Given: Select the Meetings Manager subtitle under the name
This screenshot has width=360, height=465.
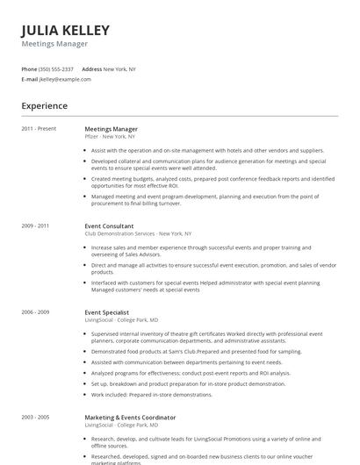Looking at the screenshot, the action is coord(54,43).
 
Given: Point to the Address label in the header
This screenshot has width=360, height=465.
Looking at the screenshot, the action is coord(91,68).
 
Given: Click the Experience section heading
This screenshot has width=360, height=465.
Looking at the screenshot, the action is coord(45,106).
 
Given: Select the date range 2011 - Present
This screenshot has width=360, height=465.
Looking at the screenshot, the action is coord(39,129).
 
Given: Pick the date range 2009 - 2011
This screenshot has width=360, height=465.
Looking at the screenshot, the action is coord(35,225).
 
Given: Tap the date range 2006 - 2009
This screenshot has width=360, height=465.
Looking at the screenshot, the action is coord(35,311).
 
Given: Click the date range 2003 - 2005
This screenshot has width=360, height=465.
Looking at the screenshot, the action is coord(35,417).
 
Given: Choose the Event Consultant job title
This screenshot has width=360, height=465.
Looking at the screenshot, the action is coord(109,225).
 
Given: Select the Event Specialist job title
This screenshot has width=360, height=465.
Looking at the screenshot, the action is coord(107,311).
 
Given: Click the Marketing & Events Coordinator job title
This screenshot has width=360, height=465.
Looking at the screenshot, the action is coord(130,417).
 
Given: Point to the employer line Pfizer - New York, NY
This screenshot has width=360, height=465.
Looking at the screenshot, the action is coord(109,137).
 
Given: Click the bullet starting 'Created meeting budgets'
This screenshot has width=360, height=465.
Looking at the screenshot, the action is coord(211,182).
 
